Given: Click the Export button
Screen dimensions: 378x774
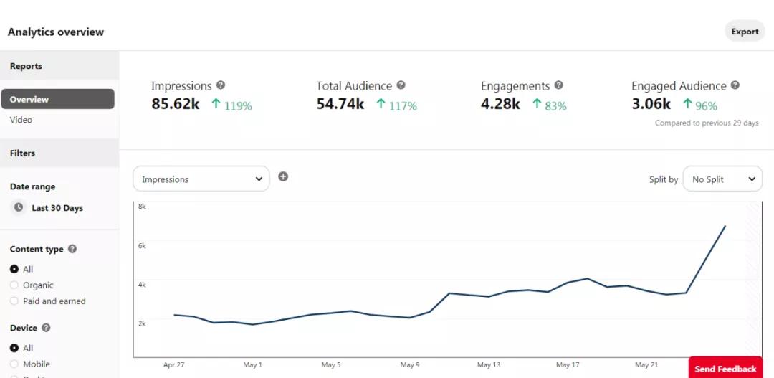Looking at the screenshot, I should tap(745, 32).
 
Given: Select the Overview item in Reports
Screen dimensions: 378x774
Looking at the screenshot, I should tap(57, 99).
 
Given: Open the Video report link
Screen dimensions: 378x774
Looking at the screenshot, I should tap(21, 120).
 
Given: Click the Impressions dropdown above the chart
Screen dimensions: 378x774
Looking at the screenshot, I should tap(201, 179).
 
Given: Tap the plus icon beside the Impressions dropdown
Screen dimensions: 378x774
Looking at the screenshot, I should tap(283, 176).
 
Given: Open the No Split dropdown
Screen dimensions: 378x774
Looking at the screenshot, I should tap(722, 179).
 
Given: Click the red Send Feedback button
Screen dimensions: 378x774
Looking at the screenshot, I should tap(725, 369).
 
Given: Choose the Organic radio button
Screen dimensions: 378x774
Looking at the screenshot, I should tap(14, 285).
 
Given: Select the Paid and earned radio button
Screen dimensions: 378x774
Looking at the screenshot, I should tap(14, 301).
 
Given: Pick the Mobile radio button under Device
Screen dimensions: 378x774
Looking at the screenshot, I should tap(14, 364).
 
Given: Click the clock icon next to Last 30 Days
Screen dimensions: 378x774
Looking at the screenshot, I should tap(19, 207).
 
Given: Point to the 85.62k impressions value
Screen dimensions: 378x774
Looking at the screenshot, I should tap(176, 104).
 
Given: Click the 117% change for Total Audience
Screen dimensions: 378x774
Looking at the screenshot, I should tap(402, 106).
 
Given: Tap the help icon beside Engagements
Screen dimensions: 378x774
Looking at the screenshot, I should tap(559, 85).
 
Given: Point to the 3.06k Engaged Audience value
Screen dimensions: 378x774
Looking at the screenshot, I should tap(651, 104).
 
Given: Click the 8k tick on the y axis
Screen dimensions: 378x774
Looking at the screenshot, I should tap(142, 207).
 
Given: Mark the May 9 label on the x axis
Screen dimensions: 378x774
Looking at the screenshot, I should tap(410, 365).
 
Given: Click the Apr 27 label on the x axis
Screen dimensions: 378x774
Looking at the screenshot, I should tap(173, 365).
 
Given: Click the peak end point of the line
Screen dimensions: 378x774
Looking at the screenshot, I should tap(725, 226).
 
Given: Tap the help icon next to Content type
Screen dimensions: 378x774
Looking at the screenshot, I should tap(72, 249).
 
